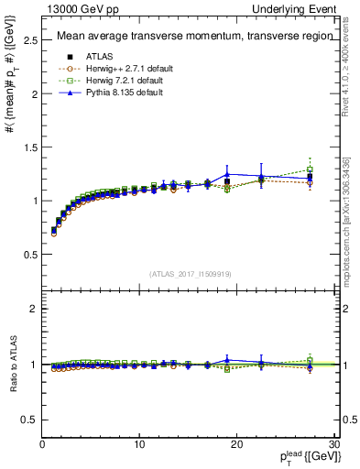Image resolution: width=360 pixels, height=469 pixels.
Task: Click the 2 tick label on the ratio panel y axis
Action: pyautogui.click(x=34, y=309)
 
